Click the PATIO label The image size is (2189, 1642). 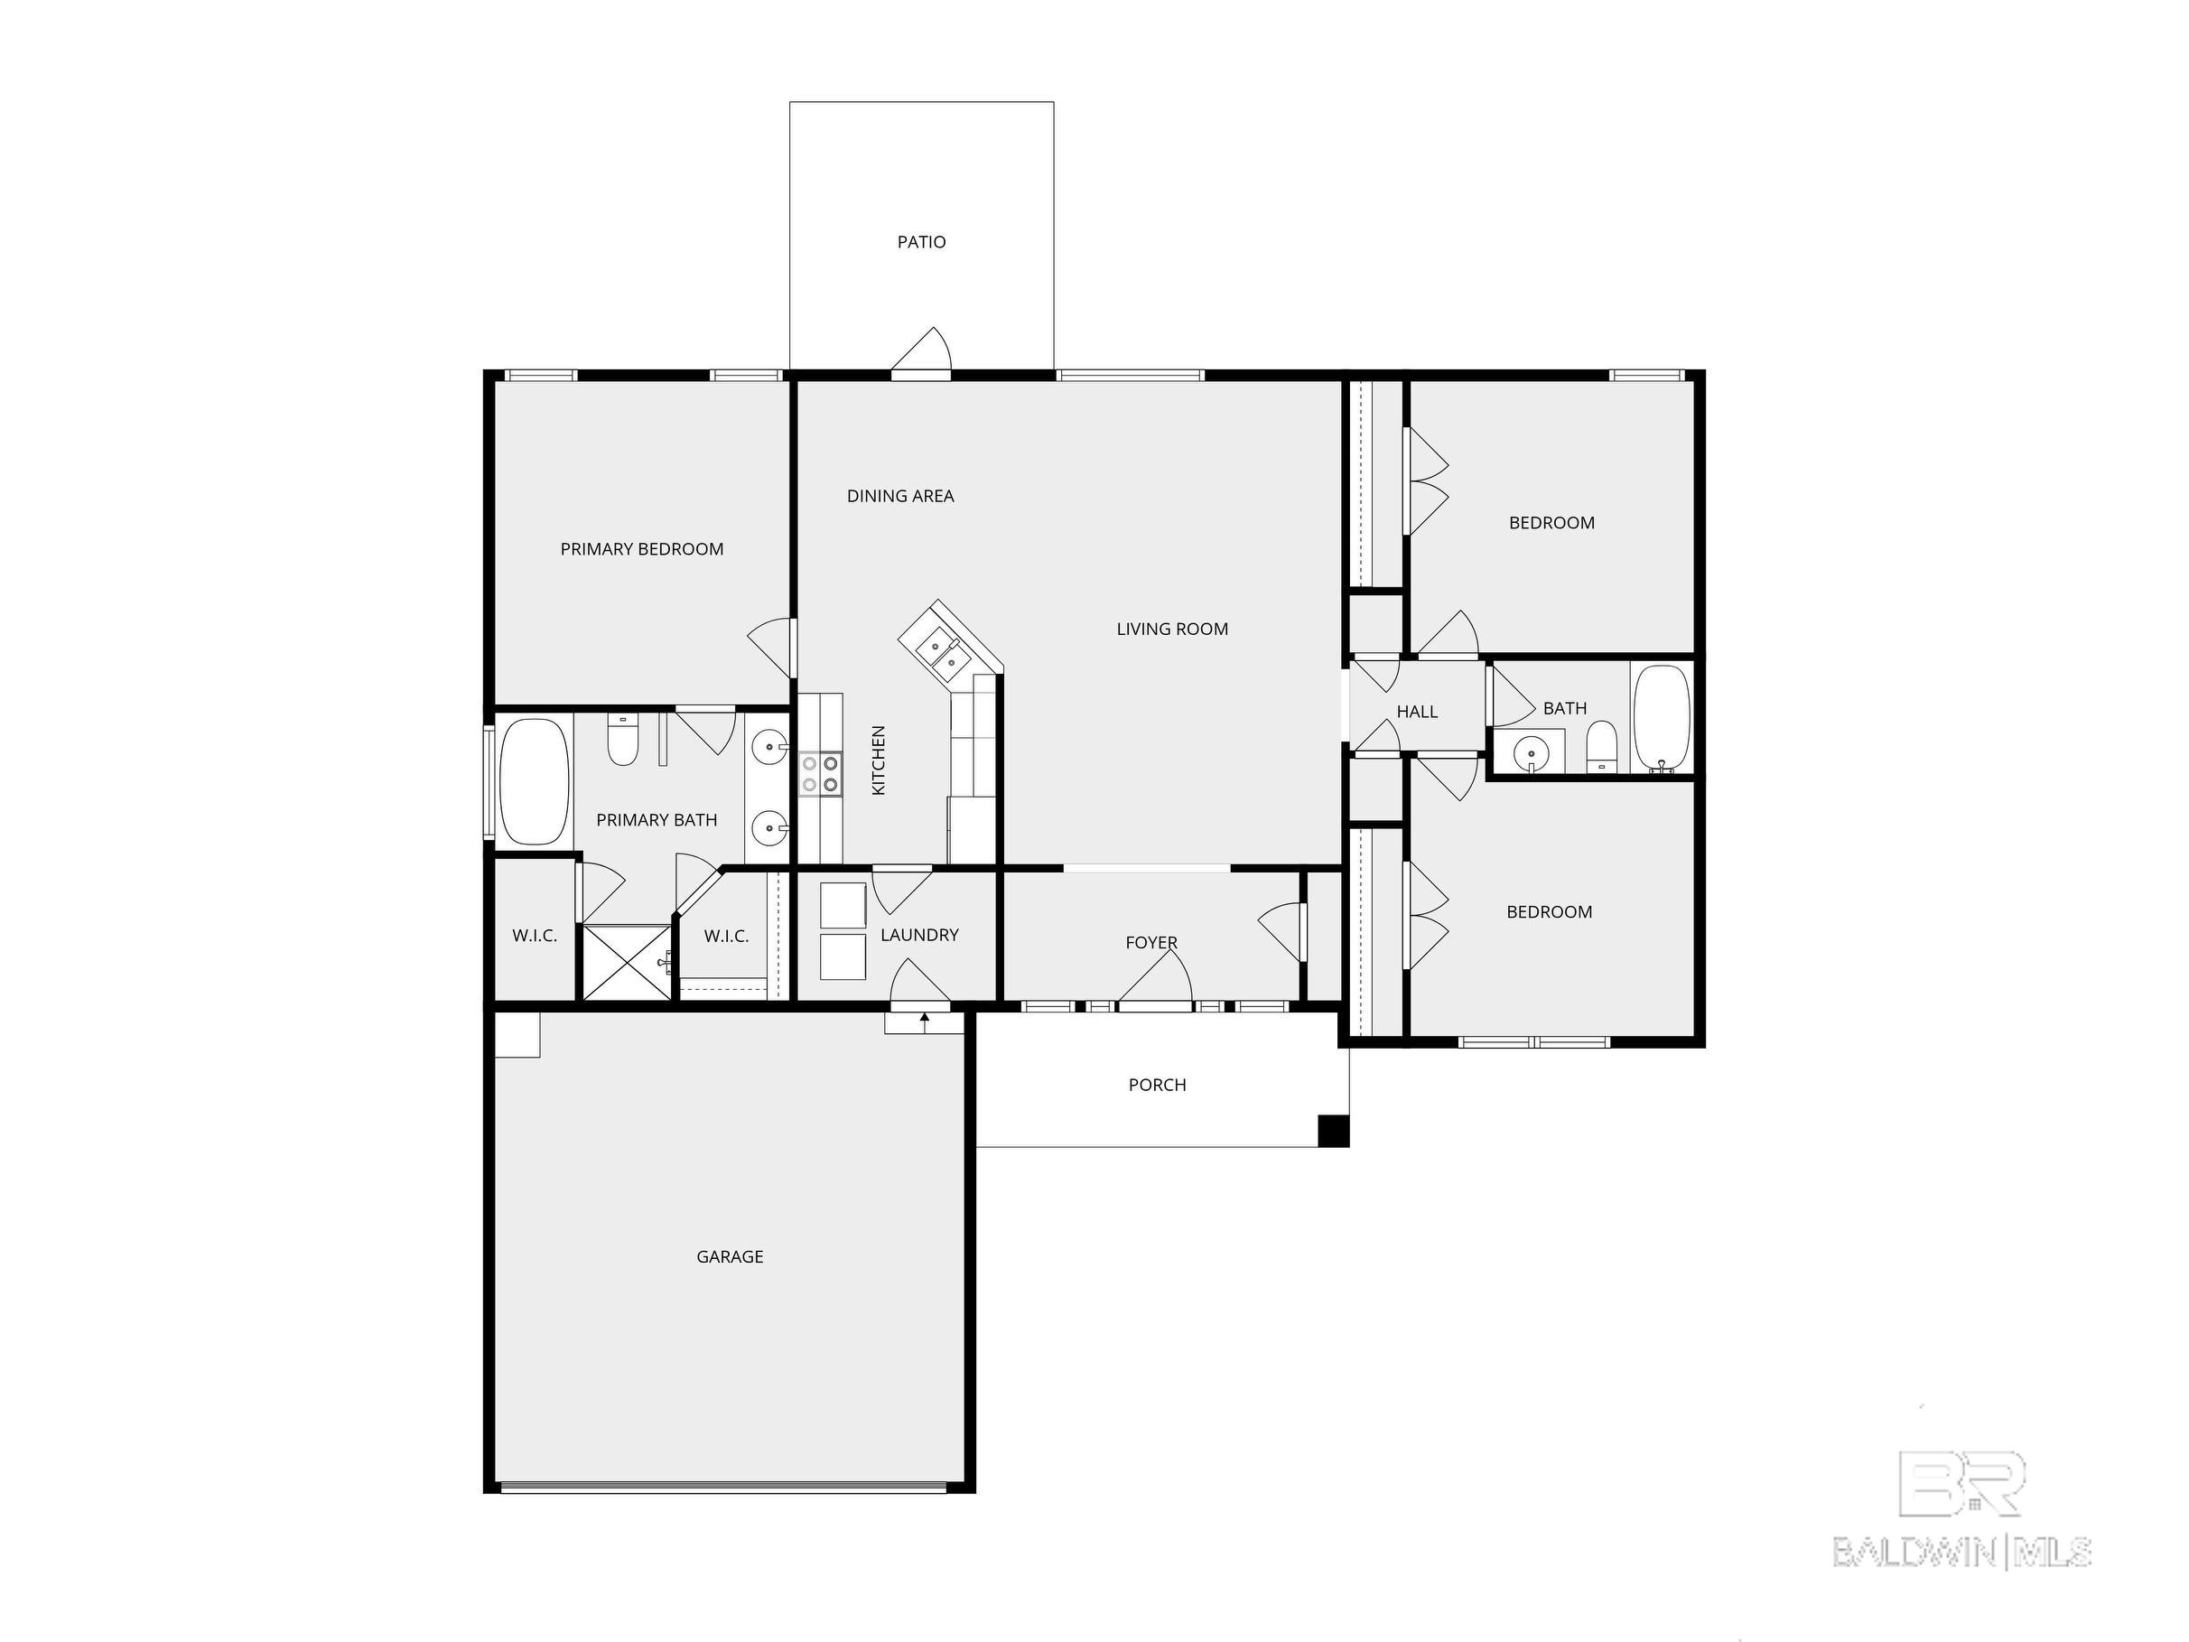(x=921, y=242)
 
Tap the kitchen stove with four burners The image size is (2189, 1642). (x=820, y=774)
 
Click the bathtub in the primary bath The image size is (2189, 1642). (x=535, y=782)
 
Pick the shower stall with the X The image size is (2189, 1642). (x=627, y=963)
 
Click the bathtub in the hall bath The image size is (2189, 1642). (x=1663, y=719)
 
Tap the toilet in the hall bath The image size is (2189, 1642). (x=1601, y=747)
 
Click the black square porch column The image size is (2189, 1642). (x=1334, y=1130)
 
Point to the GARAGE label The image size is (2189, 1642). (x=731, y=1257)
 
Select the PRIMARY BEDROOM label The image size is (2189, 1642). (x=642, y=549)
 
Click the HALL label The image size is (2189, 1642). (x=1417, y=712)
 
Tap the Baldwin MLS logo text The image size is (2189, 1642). (x=1962, y=1552)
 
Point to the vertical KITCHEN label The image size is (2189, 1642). (x=879, y=760)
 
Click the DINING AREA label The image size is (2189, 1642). (x=900, y=497)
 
